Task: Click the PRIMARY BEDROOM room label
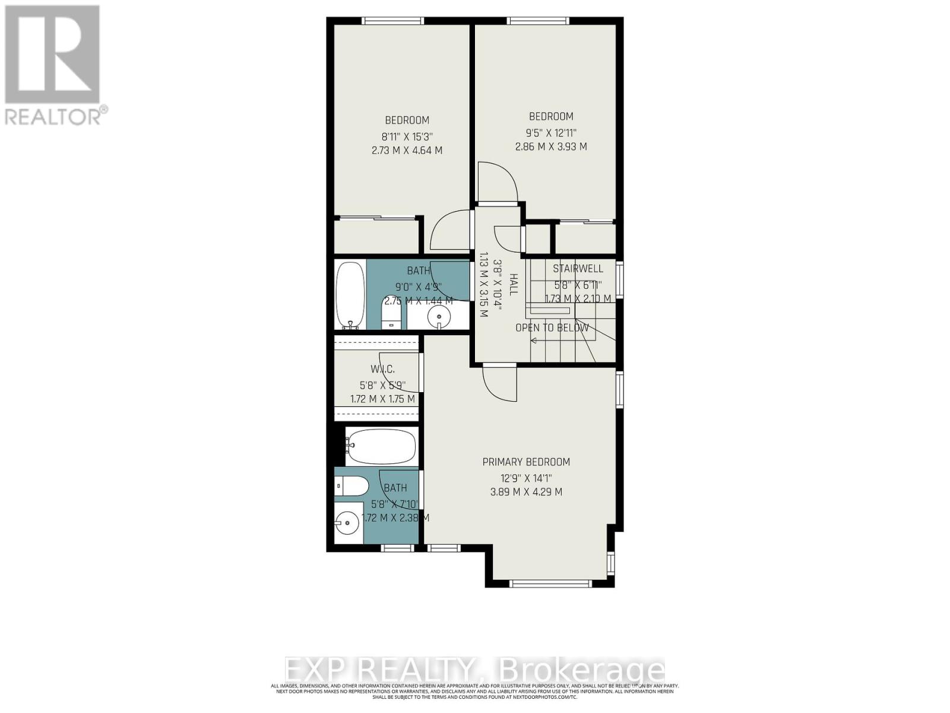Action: pyautogui.click(x=525, y=462)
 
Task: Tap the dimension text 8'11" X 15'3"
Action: pyautogui.click(x=407, y=135)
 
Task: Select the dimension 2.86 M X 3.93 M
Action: pyautogui.click(x=550, y=146)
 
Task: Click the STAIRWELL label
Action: pyautogui.click(x=578, y=269)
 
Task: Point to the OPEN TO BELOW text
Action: pyautogui.click(x=552, y=328)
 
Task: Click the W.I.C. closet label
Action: pyautogui.click(x=382, y=370)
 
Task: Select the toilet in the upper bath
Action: pyautogui.click(x=391, y=313)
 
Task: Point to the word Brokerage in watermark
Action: pyautogui.click(x=582, y=670)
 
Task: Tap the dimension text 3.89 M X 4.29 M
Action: pyautogui.click(x=525, y=492)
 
